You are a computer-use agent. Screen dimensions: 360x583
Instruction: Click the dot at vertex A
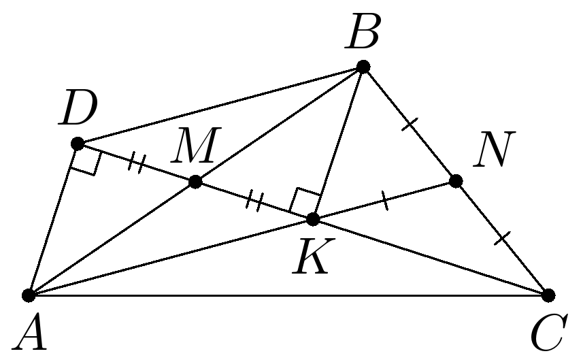click(x=29, y=295)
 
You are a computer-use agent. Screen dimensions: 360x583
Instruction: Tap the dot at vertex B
click(x=363, y=66)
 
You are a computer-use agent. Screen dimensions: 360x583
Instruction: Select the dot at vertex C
click(x=548, y=295)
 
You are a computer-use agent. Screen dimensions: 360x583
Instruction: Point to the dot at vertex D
click(x=77, y=144)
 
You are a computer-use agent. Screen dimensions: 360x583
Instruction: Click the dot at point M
click(x=195, y=182)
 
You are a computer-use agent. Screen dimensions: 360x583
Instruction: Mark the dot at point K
click(x=313, y=219)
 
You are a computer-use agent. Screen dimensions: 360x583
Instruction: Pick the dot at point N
click(x=456, y=181)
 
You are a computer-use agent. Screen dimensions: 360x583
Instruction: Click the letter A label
click(x=33, y=333)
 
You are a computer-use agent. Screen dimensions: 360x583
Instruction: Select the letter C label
click(x=548, y=333)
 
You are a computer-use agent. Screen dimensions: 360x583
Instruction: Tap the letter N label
click(x=493, y=150)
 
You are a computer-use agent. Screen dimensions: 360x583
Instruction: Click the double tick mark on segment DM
click(x=137, y=163)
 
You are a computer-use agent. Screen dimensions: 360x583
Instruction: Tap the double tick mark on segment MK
click(x=255, y=201)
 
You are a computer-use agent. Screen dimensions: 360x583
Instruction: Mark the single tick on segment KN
click(x=384, y=200)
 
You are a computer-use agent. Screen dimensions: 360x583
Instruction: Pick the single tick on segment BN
click(x=409, y=123)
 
